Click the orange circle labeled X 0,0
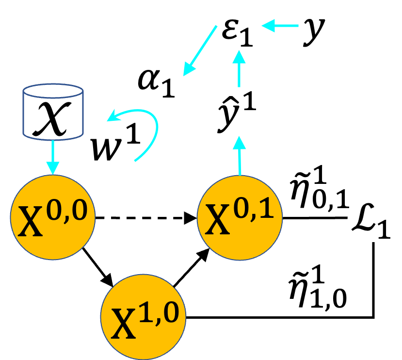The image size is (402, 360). (53, 217)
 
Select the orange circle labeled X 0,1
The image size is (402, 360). (240, 217)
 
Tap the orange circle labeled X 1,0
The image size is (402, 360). (143, 317)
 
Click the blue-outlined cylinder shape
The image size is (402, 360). (53, 112)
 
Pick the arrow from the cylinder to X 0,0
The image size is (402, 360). (52, 157)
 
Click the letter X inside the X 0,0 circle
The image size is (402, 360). (30, 222)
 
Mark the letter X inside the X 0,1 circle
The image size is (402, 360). (217, 221)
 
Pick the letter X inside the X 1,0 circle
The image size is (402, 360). (123, 324)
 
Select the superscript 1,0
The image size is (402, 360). (159, 313)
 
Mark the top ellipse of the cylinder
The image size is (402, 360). (53, 91)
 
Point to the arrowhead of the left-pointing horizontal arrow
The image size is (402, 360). (268, 25)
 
